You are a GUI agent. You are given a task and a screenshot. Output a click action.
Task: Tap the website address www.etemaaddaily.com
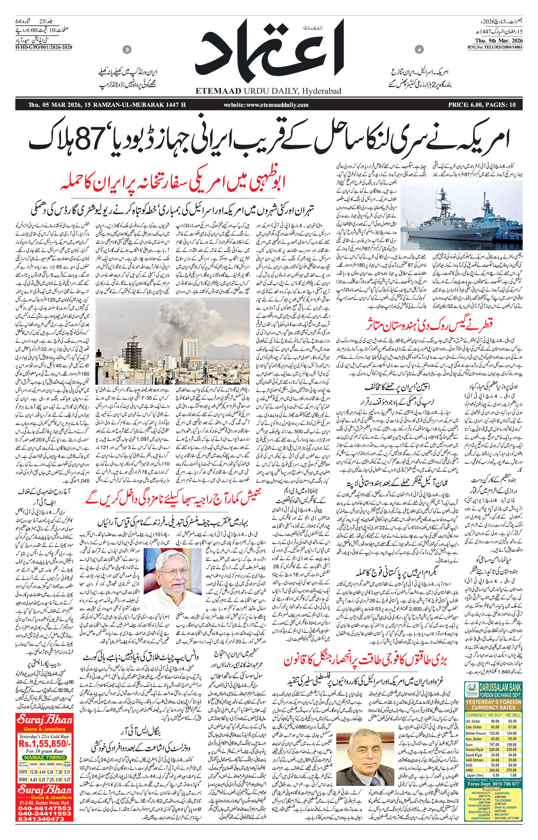click(x=266, y=105)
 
